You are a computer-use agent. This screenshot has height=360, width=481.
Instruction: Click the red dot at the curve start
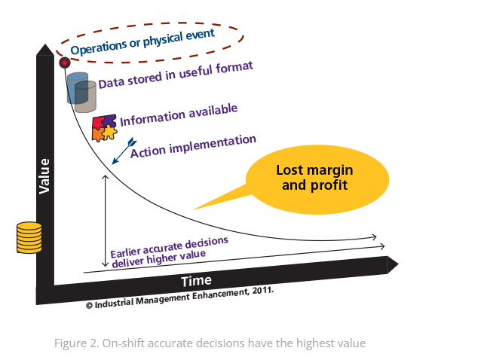click(64, 62)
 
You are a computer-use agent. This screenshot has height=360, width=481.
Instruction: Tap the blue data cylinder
click(75, 88)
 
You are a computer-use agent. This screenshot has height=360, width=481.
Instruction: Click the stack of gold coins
click(29, 238)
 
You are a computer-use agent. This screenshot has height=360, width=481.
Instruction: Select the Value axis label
click(44, 175)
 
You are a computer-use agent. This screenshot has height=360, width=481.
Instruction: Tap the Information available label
click(179, 114)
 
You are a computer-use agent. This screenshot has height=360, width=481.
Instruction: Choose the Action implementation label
click(193, 146)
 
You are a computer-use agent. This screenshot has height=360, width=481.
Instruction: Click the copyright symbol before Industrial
click(89, 306)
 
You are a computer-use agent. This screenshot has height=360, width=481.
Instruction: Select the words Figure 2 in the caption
click(76, 343)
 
